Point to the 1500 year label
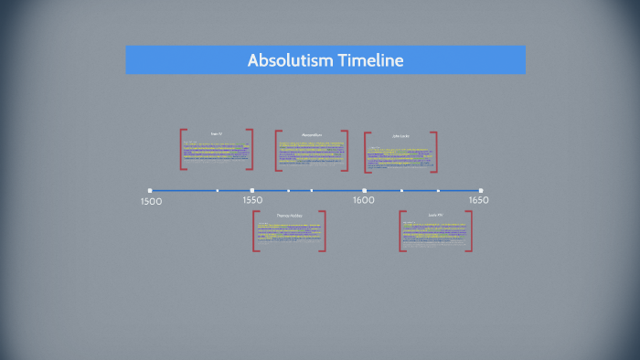coord(152,201)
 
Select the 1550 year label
coord(252,200)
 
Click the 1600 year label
coord(363,200)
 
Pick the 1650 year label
coord(479,200)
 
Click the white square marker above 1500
coord(150,191)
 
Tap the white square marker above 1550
coord(252,191)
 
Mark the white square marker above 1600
coord(364,191)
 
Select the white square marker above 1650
coord(481,191)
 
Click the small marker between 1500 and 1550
coord(218,191)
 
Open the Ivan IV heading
coord(217,134)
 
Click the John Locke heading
coord(400,136)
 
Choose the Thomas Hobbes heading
coord(289,216)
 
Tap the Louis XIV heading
coord(435,215)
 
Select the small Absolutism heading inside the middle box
coord(312,135)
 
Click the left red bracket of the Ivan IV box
coord(183,149)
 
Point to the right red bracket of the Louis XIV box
coord(470,230)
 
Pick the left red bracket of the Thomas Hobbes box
coord(256,230)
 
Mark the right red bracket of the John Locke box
coord(435,152)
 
